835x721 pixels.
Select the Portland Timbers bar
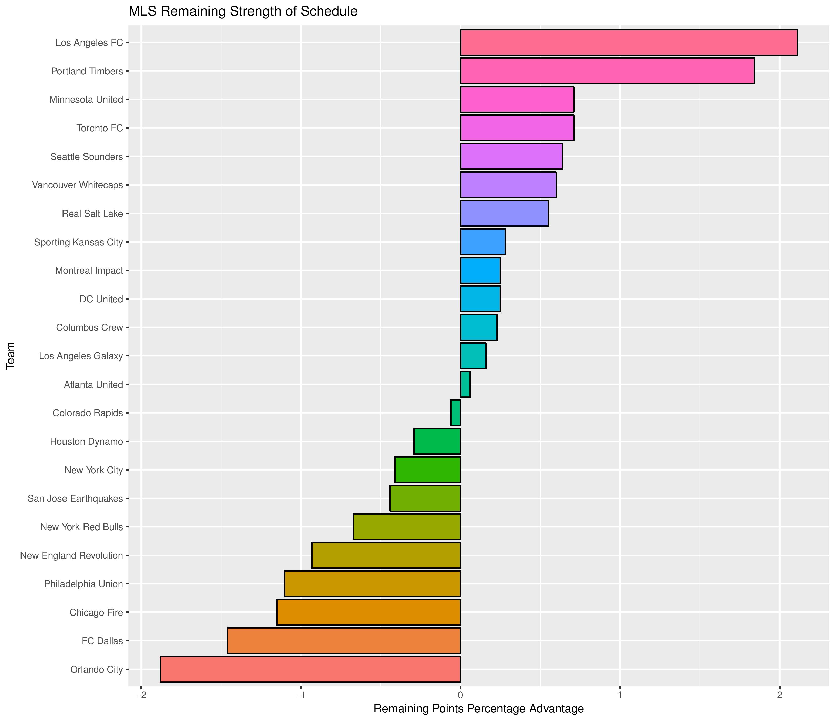[607, 71]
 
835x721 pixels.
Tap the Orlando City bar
[310, 669]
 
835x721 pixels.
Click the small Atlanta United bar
[465, 385]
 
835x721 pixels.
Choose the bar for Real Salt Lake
[504, 213]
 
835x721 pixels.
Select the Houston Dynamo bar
[437, 441]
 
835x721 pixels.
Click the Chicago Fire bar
[368, 612]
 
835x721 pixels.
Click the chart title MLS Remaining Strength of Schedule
[243, 12]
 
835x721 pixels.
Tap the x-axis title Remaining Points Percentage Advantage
[479, 709]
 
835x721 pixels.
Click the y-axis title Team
[10, 355]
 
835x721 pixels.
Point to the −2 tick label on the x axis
[141, 696]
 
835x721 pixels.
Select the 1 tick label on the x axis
[620, 696]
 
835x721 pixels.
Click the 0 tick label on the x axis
[460, 696]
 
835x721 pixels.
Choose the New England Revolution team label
[71, 555]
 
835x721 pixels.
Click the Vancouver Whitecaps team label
[77, 185]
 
